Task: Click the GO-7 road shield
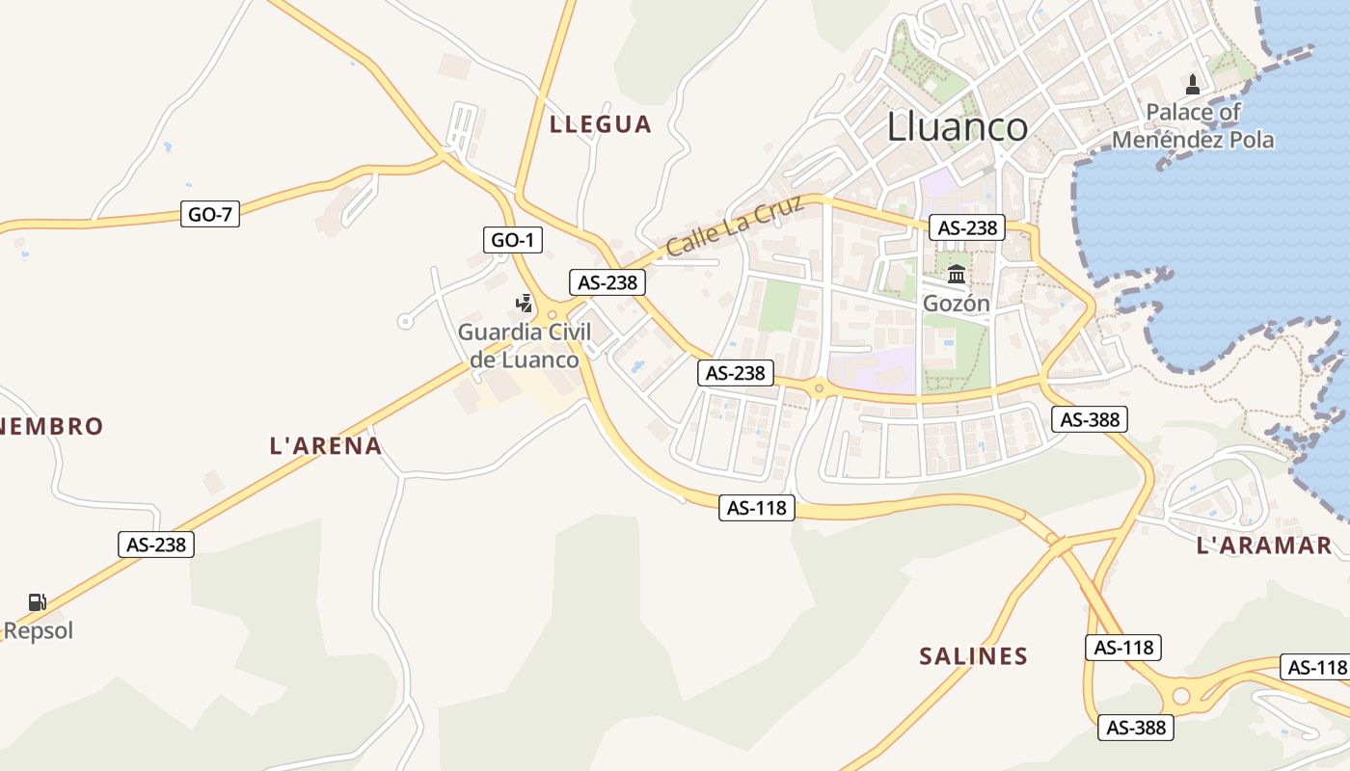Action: pos(210,214)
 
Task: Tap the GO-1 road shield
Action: pos(512,240)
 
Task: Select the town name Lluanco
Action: pos(957,127)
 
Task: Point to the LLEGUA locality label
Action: pos(601,124)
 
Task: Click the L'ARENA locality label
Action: pos(326,446)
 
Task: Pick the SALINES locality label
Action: pos(974,656)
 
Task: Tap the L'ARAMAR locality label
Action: pos(1264,545)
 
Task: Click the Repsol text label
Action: pos(39,631)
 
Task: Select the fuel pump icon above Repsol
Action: pos(38,602)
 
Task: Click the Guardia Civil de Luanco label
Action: pos(525,346)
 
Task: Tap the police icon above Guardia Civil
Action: pos(524,304)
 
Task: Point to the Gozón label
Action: pos(957,304)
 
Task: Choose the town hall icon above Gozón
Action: pos(957,275)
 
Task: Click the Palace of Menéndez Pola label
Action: pos(1193,126)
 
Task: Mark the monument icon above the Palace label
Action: pos(1193,84)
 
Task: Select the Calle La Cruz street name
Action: pos(735,226)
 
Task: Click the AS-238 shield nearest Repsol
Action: pos(156,545)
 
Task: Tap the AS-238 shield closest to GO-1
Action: pos(607,282)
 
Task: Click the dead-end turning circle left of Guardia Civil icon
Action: pos(406,321)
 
